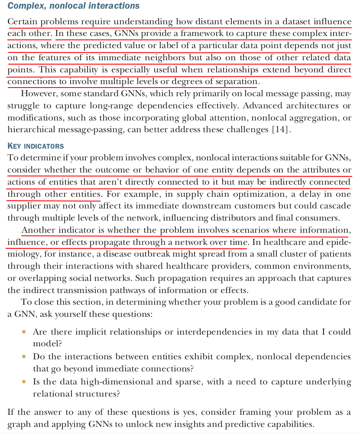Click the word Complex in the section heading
pos(26,6)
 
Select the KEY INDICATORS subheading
pos(36,146)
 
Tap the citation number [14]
pos(278,130)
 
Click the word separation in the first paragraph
pos(238,81)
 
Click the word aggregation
pos(318,118)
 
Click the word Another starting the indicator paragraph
pos(39,230)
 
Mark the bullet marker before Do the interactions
pos(24,357)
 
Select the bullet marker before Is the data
pos(24,382)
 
